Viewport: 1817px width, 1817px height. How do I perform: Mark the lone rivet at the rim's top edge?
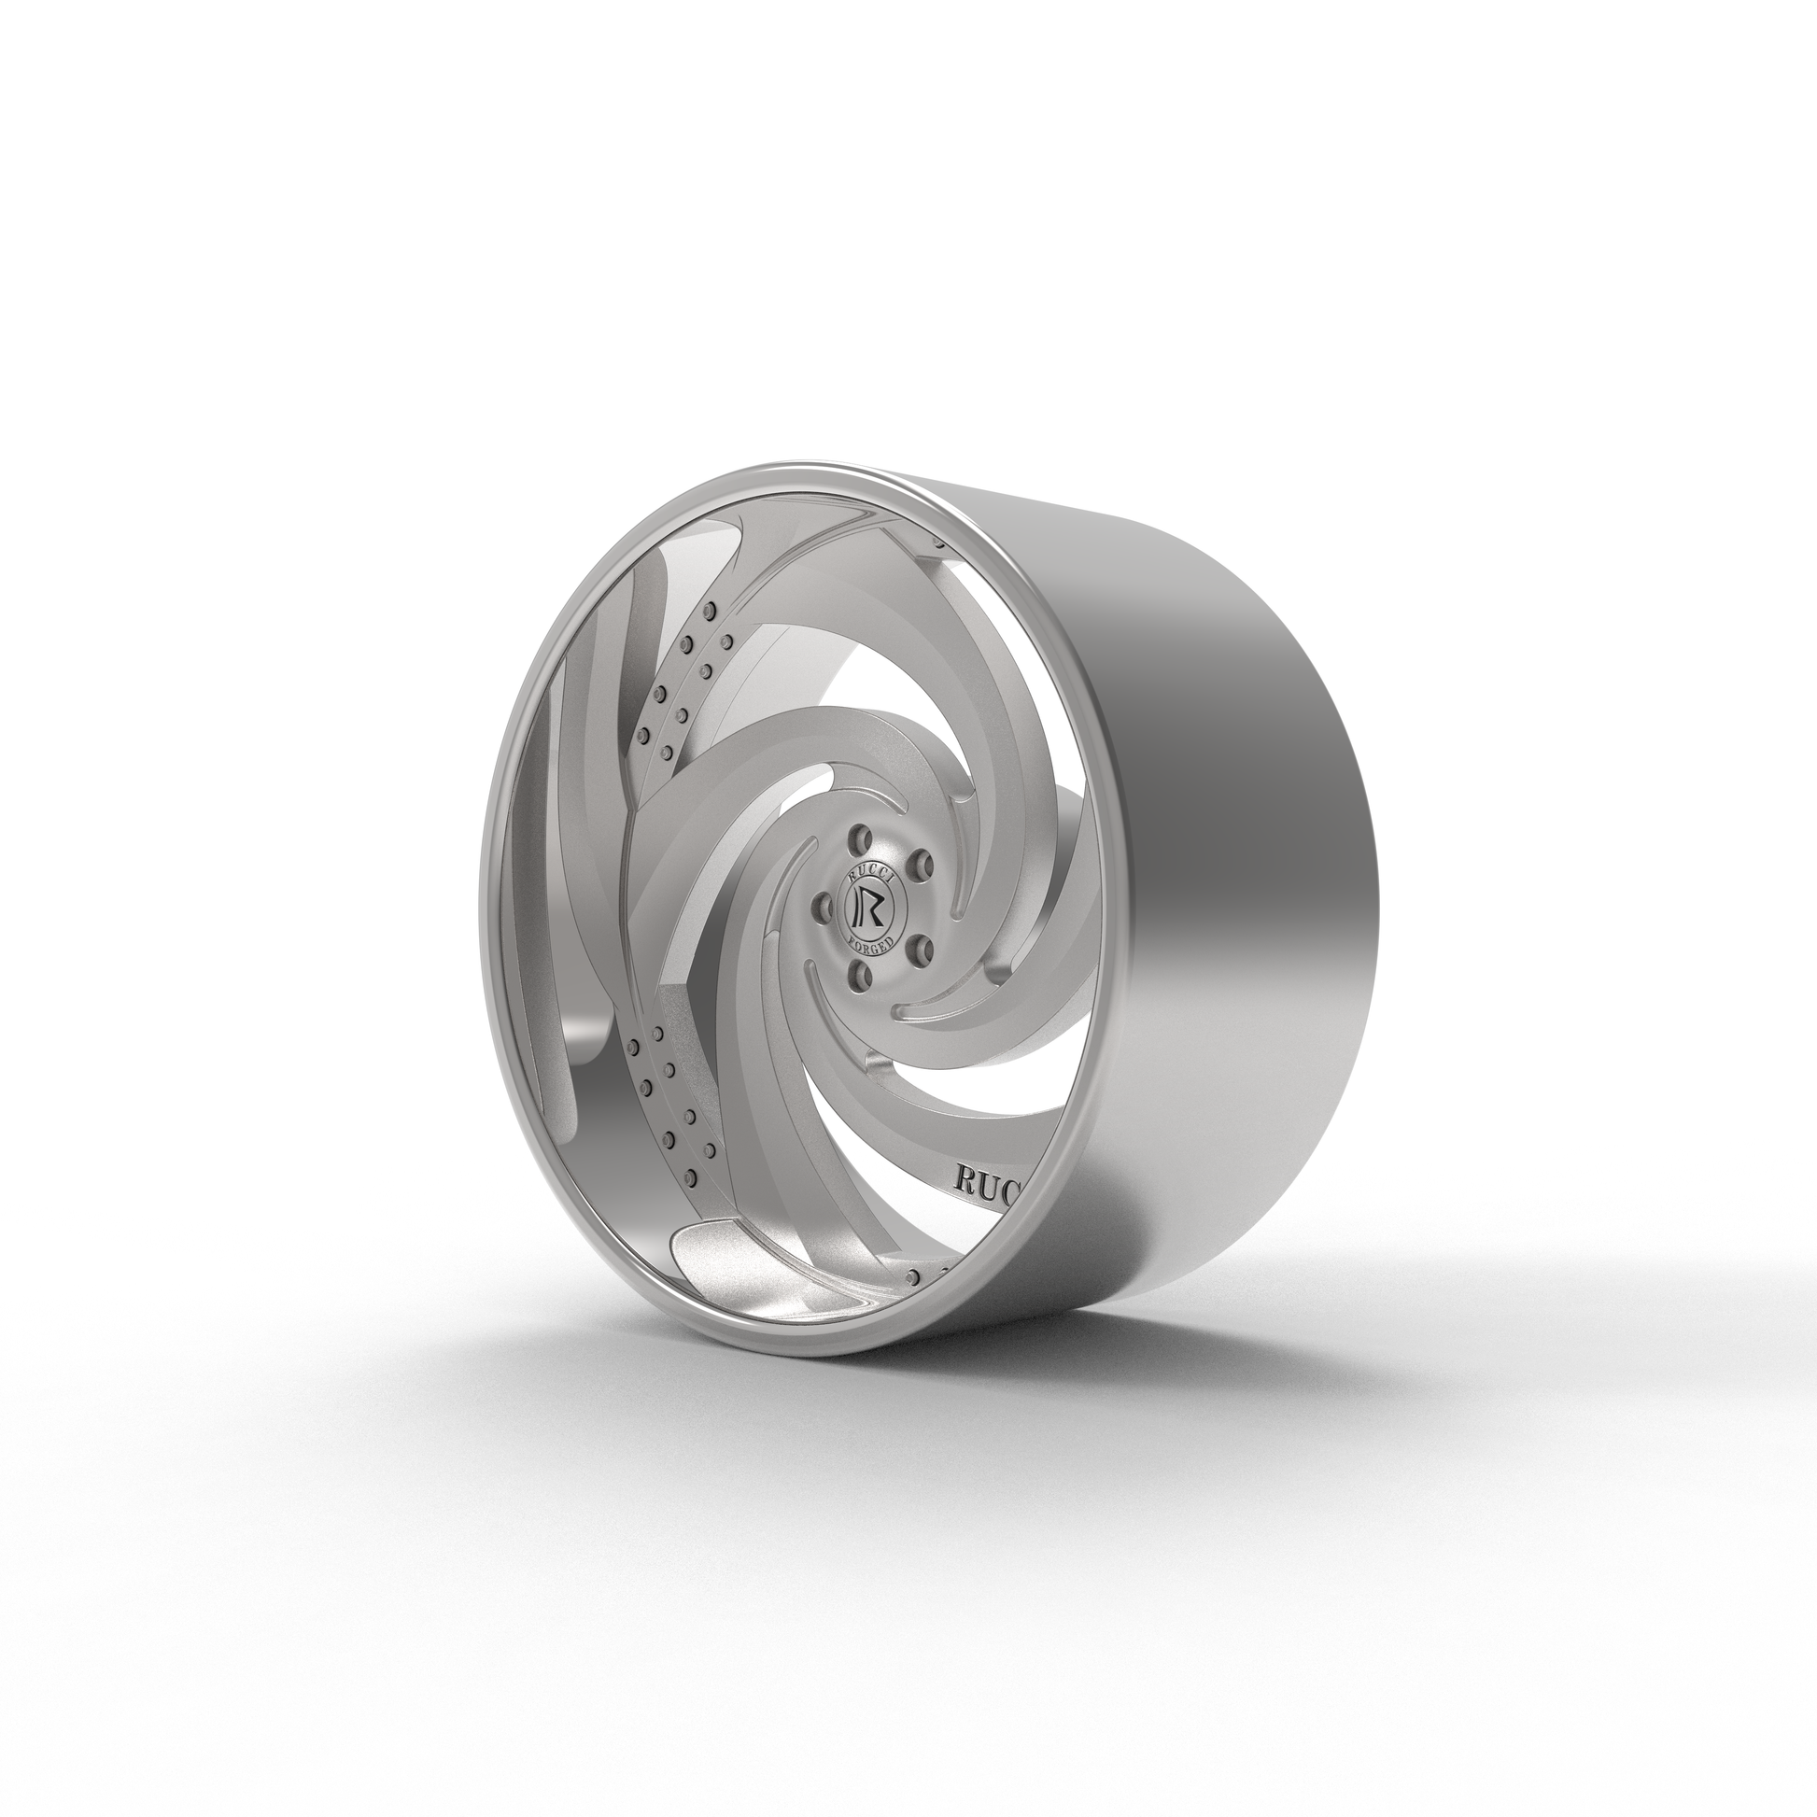(x=937, y=542)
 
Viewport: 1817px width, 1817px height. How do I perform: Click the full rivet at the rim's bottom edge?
(x=911, y=1275)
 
